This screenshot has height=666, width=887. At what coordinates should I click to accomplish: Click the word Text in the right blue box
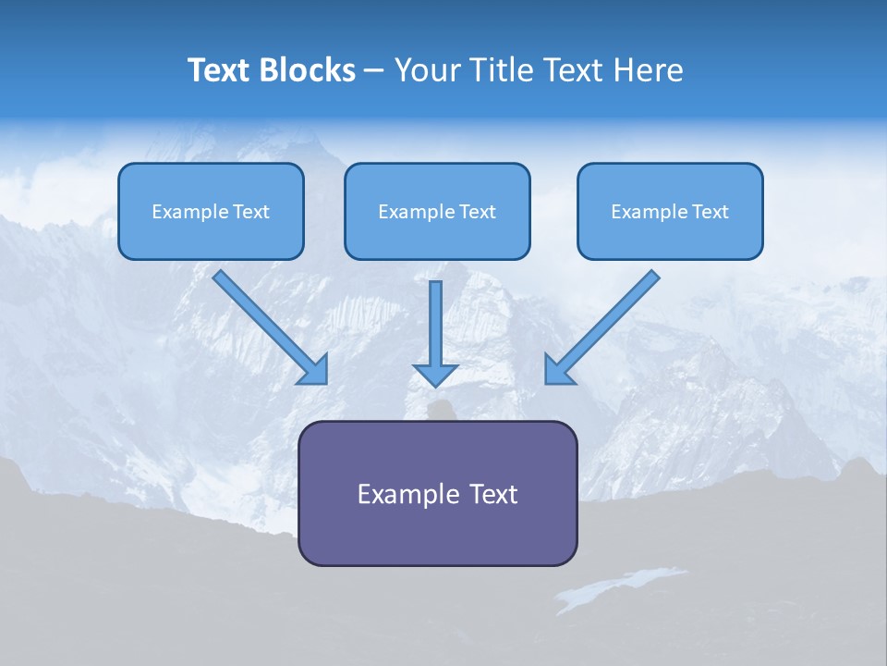[711, 212]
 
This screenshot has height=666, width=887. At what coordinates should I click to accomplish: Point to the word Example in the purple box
[398, 494]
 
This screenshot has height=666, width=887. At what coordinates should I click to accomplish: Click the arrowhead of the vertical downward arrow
[435, 375]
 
